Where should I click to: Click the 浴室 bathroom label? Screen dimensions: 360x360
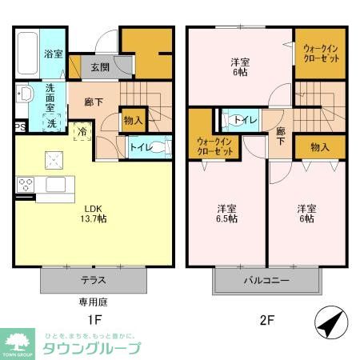pyautogui.click(x=54, y=54)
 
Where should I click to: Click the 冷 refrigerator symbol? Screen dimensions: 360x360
pyautogui.click(x=82, y=130)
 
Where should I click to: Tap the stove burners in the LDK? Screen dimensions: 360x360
pyautogui.click(x=25, y=186)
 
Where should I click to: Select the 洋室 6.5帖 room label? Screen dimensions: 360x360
pyautogui.click(x=227, y=214)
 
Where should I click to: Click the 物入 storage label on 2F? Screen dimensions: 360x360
pyautogui.click(x=319, y=147)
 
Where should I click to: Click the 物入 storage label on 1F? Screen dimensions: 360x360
pyautogui.click(x=133, y=121)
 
